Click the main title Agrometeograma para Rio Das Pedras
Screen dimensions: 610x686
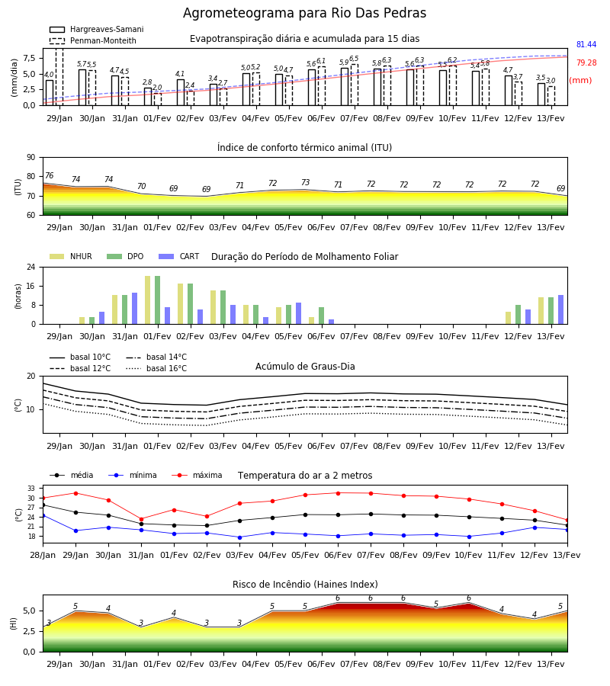click(x=304, y=13)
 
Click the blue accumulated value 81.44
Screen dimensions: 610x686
click(x=586, y=45)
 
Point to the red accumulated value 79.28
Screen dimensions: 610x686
click(x=586, y=63)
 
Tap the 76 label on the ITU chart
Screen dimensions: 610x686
click(x=49, y=175)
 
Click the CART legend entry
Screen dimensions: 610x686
click(x=179, y=256)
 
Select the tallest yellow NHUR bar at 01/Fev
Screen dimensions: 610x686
click(x=147, y=300)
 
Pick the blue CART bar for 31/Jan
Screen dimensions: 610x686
click(x=134, y=309)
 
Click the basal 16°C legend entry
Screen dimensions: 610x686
click(x=156, y=368)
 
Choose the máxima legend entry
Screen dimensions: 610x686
click(x=197, y=475)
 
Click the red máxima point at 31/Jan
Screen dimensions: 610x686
click(x=141, y=519)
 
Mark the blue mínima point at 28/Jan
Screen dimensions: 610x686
click(x=43, y=516)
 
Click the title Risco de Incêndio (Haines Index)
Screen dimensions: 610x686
click(x=305, y=585)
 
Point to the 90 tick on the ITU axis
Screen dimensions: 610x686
click(x=31, y=158)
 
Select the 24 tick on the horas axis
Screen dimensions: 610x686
click(x=31, y=267)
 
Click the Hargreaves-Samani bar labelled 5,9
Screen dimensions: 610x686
click(x=345, y=87)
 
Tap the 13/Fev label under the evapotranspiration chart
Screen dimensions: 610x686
click(x=551, y=119)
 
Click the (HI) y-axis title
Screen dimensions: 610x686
click(x=13, y=623)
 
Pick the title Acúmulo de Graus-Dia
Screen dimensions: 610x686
click(x=305, y=367)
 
